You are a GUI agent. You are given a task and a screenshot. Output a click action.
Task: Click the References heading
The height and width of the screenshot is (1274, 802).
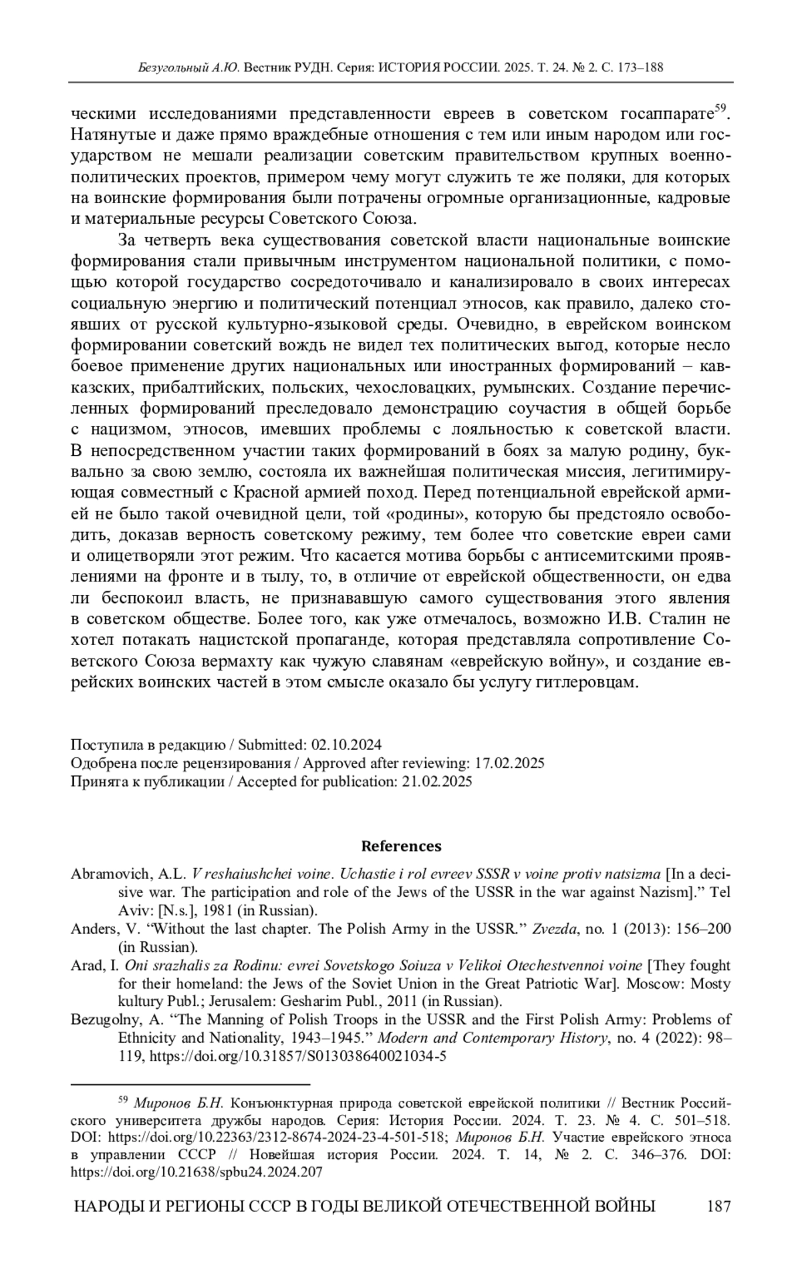[x=401, y=846]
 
